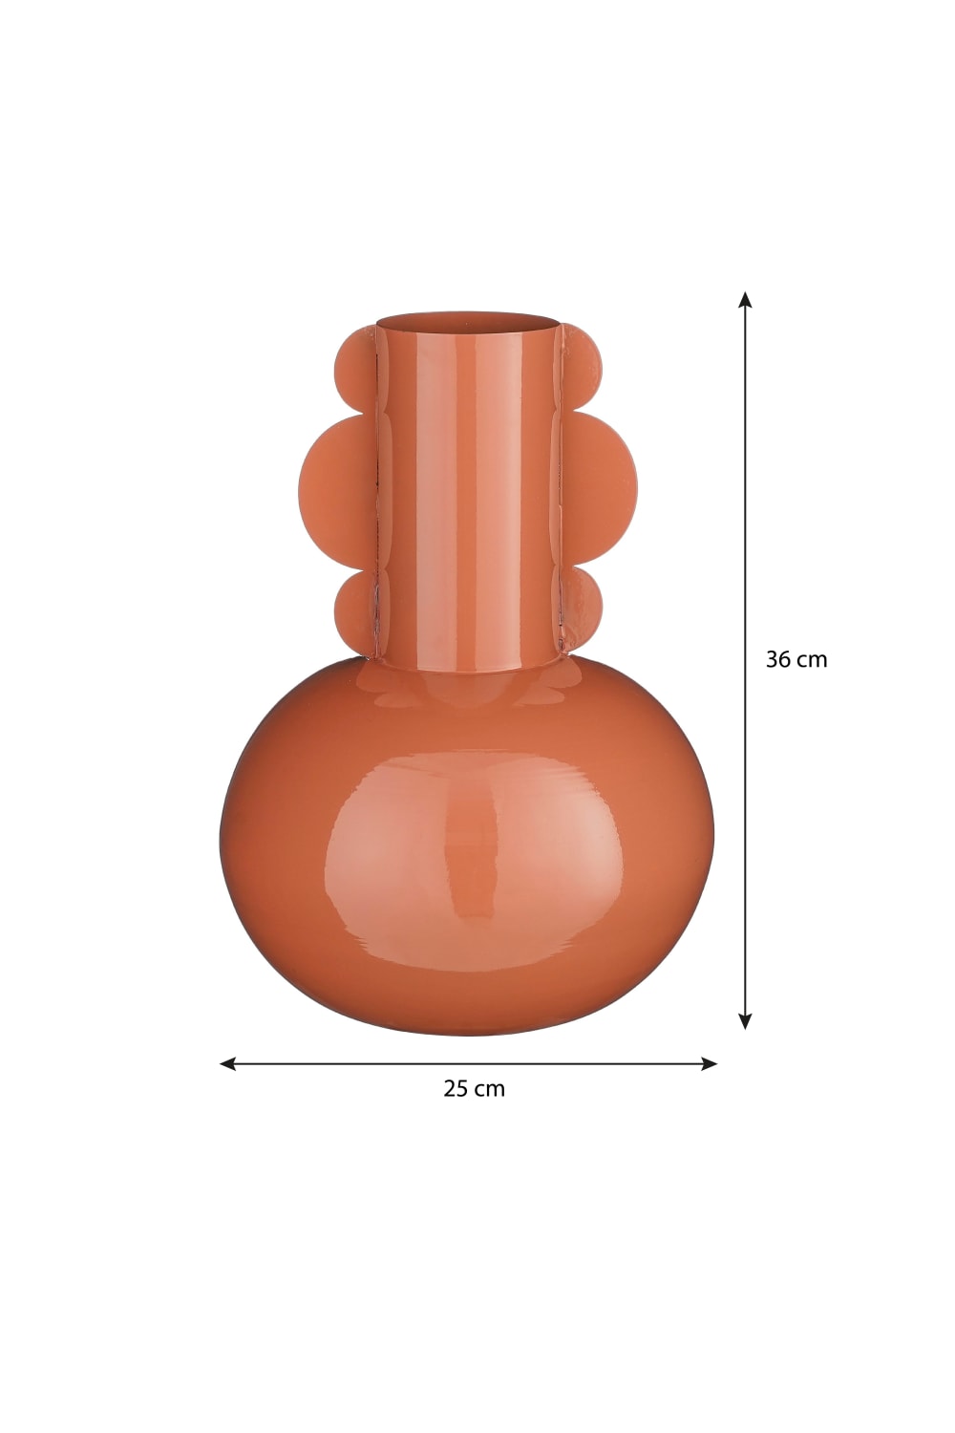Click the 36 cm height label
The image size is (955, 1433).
tap(796, 659)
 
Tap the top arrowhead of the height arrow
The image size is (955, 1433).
tap(745, 299)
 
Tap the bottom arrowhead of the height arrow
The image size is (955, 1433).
tap(745, 1020)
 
